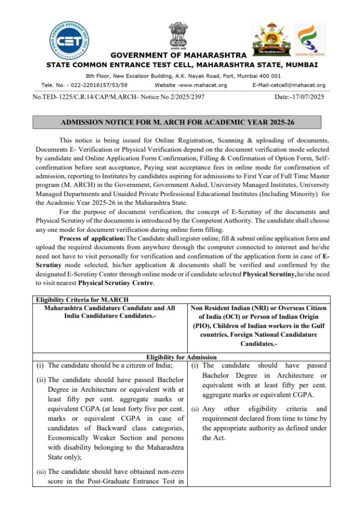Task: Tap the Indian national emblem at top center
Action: point(178,34)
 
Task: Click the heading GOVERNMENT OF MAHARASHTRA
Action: point(178,55)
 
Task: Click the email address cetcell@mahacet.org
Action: point(289,85)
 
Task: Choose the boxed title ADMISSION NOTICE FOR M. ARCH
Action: point(177,122)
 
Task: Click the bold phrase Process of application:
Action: point(92,238)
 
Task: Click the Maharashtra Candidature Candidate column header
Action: point(110,312)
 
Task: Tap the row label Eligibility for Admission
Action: point(178,357)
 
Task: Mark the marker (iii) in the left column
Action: point(41,471)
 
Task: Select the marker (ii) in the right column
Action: point(195,409)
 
